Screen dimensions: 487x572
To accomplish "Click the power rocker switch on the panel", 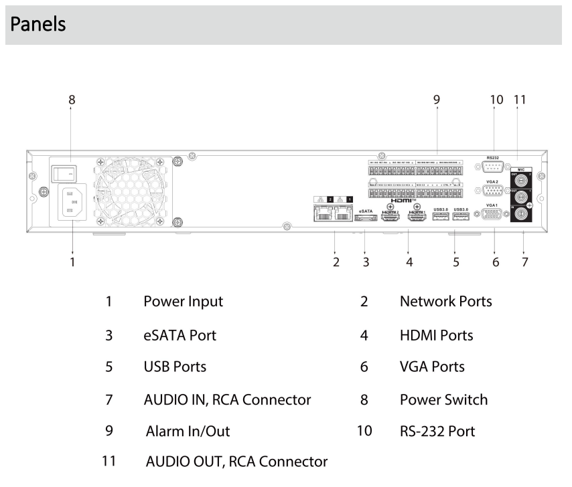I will pos(64,173).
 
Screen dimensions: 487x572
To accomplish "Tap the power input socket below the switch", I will pos(72,201).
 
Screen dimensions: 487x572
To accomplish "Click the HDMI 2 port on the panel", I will pos(390,217).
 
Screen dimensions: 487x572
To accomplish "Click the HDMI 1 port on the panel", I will pos(418,217).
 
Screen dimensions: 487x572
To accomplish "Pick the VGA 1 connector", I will pos(492,215).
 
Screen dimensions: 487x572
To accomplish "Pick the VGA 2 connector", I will pos(492,191).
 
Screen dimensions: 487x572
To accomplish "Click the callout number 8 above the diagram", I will pos(72,100).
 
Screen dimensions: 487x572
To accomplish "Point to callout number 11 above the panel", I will pos(520,100).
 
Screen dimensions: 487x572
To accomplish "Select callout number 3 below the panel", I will pos(366,262).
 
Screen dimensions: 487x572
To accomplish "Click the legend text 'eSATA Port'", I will pos(180,334).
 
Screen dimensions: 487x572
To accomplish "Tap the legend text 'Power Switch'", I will pos(443,400).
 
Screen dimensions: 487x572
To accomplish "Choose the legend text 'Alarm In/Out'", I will pos(188,431).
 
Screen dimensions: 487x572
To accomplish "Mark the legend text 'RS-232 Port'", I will pos(437,431).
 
